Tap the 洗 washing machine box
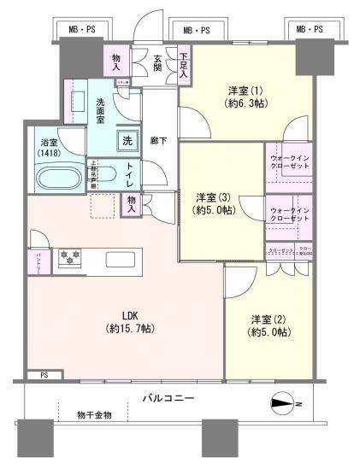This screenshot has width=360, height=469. (x=127, y=141)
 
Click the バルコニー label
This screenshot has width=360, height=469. (x=168, y=399)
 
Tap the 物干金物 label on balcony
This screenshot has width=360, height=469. (x=93, y=415)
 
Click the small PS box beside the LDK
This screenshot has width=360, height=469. (x=44, y=374)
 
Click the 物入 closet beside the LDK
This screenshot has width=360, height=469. (x=133, y=202)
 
